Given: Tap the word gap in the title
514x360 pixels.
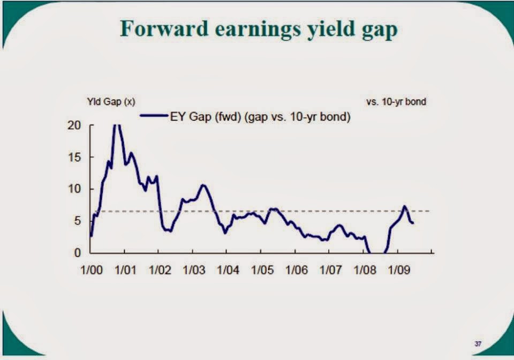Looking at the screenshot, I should click(378, 30).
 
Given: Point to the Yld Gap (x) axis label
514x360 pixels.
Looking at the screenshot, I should click(111, 101).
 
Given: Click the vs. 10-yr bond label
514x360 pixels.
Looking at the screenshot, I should click(396, 101).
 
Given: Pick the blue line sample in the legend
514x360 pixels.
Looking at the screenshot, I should click(154, 116).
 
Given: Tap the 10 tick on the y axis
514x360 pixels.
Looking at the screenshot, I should click(77, 189).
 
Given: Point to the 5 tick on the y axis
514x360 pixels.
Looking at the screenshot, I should click(79, 221).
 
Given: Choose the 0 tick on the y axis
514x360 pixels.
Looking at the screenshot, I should click(79, 253).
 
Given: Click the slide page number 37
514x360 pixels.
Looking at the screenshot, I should click(477, 343).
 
